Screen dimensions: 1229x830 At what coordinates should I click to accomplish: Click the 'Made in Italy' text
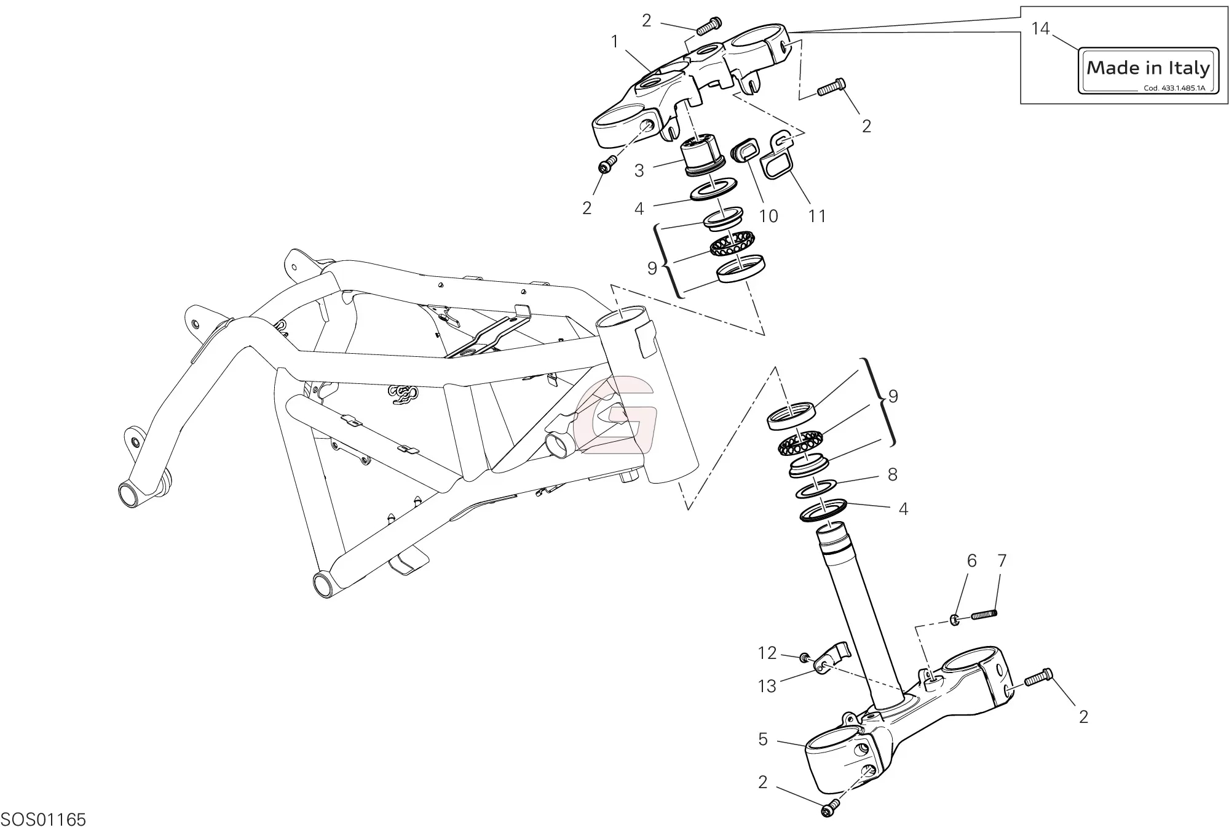coord(1148,68)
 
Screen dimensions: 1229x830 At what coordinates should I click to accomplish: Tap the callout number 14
coord(1040,29)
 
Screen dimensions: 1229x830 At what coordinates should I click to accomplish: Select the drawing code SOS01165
coord(43,820)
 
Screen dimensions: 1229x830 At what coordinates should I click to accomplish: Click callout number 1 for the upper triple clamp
coord(614,41)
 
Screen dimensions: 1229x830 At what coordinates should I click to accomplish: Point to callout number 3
coord(639,170)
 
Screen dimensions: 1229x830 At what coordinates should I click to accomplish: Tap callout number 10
coord(769,216)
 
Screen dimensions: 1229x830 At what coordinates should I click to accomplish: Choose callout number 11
coord(816,216)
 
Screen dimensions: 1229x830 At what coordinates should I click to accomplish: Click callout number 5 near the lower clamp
coord(763,739)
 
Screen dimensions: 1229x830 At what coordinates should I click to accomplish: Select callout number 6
coord(971,561)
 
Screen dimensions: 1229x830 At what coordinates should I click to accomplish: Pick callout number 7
coord(1002,561)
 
